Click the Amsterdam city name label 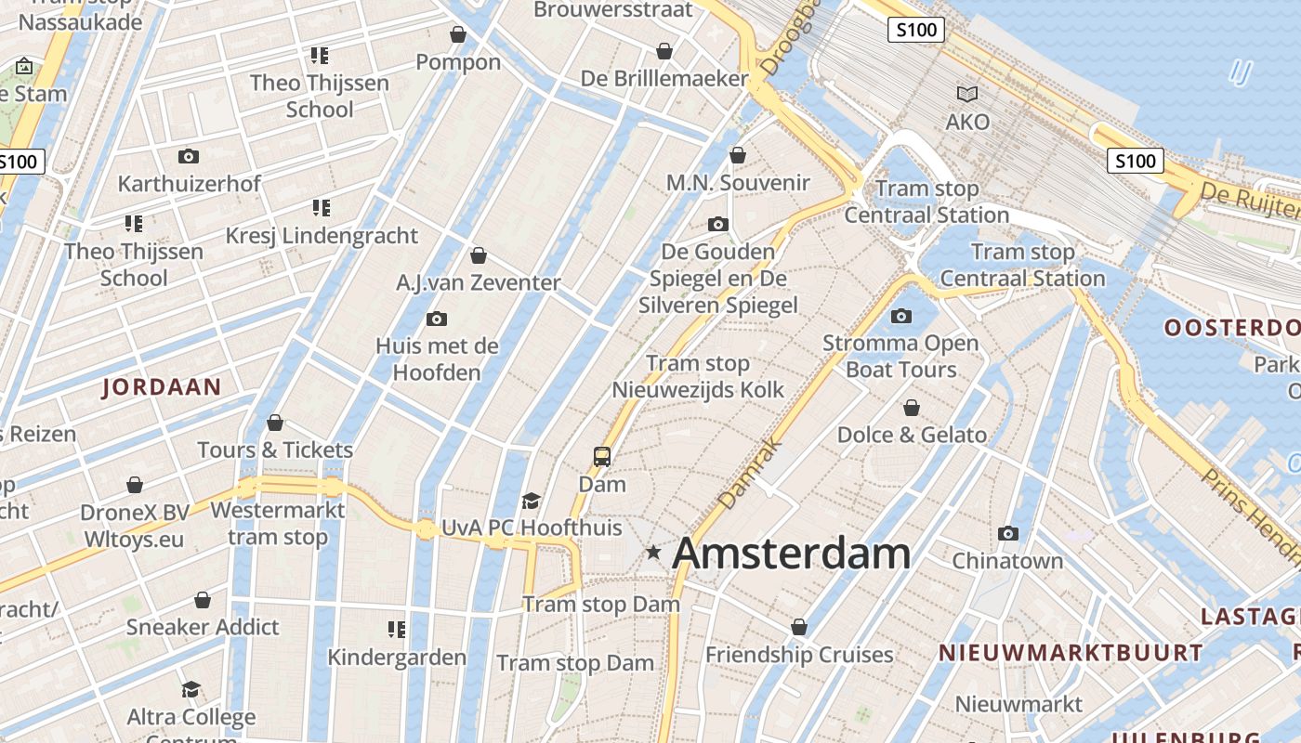pos(791,553)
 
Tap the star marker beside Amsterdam pos(654,553)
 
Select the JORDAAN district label pos(162,387)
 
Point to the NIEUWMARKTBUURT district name pos(1071,653)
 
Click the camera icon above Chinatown pos(1007,533)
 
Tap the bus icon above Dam pos(602,456)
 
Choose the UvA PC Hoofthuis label pos(532,528)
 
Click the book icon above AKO pos(967,94)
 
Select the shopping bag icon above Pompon pos(458,35)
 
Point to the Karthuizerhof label pos(190,184)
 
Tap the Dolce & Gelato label pos(912,435)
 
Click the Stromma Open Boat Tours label pos(900,357)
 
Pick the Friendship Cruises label pos(799,655)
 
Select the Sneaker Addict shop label pos(203,627)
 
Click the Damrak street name pos(741,480)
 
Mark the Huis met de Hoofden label pos(437,359)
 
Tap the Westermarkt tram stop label pos(278,524)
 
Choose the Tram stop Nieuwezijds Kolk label pos(698,377)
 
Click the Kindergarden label pos(397,658)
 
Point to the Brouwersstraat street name pos(613,10)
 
